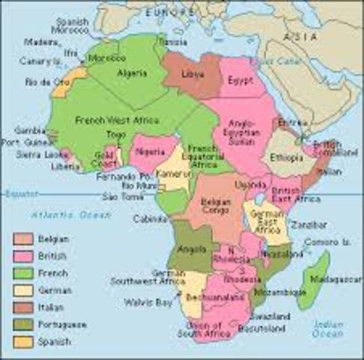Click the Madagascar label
[x=336, y=279]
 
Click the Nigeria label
[x=151, y=151]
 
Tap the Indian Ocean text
[x=329, y=331]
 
